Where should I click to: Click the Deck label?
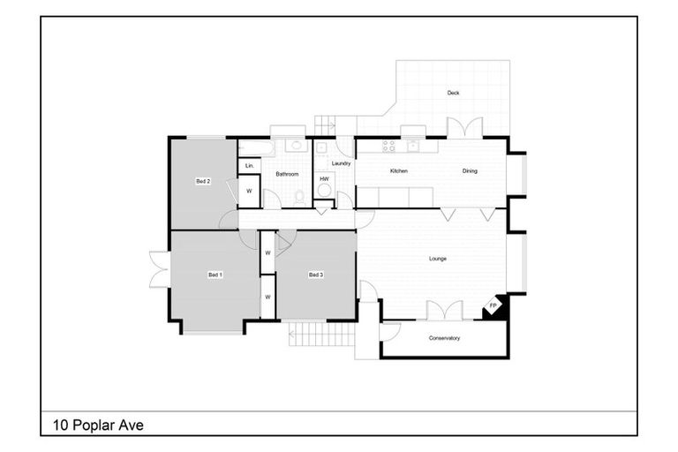453,93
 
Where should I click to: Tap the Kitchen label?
399,171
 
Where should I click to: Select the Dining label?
470,171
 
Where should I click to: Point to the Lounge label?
438,259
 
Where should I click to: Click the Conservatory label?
444,338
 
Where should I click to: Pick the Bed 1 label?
215,275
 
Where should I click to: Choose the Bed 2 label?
203,181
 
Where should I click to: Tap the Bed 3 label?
316,275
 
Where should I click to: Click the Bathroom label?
287,174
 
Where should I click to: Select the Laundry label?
341,163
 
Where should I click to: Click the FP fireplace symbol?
493,306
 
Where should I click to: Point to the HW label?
324,178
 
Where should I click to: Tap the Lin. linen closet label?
250,166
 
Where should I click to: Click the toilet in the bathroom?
299,198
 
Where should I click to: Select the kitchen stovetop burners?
388,146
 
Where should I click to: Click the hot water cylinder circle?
324,190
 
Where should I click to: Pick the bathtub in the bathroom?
256,148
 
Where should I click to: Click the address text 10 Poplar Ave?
98,426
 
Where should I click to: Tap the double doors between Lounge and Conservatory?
445,311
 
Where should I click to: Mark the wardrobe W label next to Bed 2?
249,191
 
